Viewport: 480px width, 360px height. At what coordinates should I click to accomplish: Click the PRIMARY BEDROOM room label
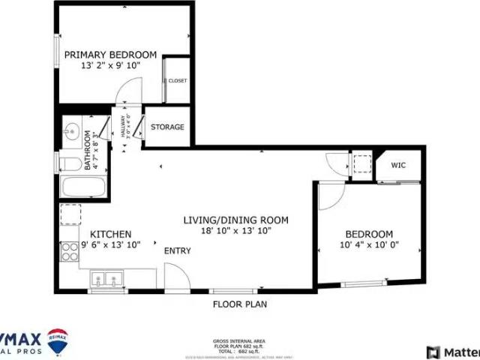pos(110,55)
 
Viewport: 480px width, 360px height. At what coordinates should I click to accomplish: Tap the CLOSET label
pos(178,81)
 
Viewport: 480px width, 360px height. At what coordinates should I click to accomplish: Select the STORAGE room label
pos(167,127)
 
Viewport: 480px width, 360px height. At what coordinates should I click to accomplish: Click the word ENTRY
pos(178,250)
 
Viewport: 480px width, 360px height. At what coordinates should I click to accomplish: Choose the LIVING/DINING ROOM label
pos(236,220)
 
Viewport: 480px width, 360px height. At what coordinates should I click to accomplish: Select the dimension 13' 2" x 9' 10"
pos(110,66)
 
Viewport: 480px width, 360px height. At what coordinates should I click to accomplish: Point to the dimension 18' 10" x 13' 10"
pos(236,231)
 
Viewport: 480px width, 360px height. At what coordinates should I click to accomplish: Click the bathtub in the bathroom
pos(83,187)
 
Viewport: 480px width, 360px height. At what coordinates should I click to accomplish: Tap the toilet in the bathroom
pos(70,163)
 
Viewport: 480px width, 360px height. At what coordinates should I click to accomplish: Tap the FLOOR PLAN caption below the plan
pos(239,304)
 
